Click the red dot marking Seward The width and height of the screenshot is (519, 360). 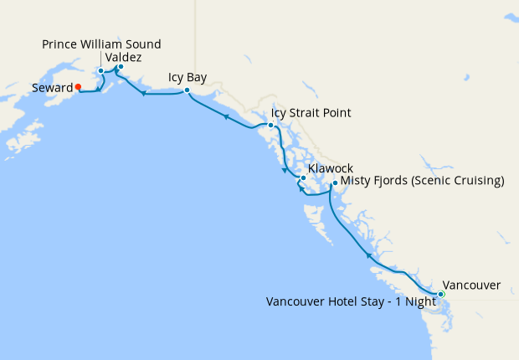point(78,86)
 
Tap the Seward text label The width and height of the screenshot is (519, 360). point(52,87)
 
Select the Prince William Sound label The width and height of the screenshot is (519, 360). point(101,44)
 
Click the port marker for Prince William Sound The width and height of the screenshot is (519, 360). point(100,71)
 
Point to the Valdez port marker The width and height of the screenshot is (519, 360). point(121,67)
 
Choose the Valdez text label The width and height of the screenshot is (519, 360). point(124,57)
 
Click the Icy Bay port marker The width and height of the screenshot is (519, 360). point(187,90)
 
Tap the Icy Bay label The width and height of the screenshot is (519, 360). point(188,77)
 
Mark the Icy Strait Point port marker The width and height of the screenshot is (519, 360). point(270,126)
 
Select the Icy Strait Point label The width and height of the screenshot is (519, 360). point(311,113)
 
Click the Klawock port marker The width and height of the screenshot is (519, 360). point(303,178)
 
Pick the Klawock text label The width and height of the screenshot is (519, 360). point(331,168)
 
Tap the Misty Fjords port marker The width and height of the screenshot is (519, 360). point(334,183)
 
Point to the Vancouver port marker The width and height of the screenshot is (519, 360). point(441,294)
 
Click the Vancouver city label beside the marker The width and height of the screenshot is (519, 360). point(471,285)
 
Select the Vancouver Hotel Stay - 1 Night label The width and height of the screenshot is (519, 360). point(351,301)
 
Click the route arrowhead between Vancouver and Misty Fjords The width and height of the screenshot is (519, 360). point(368,252)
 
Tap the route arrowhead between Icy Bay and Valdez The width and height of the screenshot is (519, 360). point(143,93)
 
